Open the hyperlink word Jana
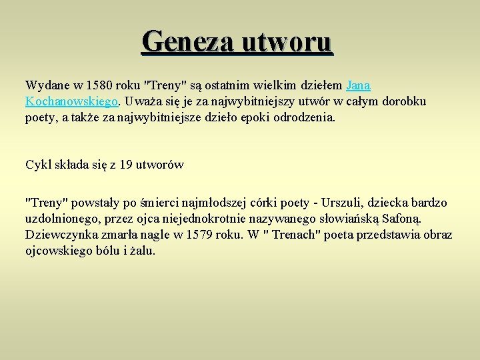[359, 85]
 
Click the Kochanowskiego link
[72, 101]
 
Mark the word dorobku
[403, 101]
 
